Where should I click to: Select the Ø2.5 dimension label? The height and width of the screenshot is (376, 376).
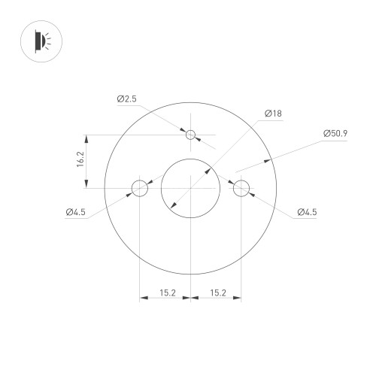click(127, 99)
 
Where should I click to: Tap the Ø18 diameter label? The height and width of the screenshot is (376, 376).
click(272, 114)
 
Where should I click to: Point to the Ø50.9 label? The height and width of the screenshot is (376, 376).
click(335, 133)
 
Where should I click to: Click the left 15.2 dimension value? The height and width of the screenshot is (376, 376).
click(166, 293)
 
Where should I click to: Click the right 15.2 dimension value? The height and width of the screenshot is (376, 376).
click(217, 293)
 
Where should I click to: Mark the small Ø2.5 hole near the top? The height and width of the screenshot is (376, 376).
click(191, 135)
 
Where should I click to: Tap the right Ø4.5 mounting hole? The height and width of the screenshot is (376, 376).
click(241, 187)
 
